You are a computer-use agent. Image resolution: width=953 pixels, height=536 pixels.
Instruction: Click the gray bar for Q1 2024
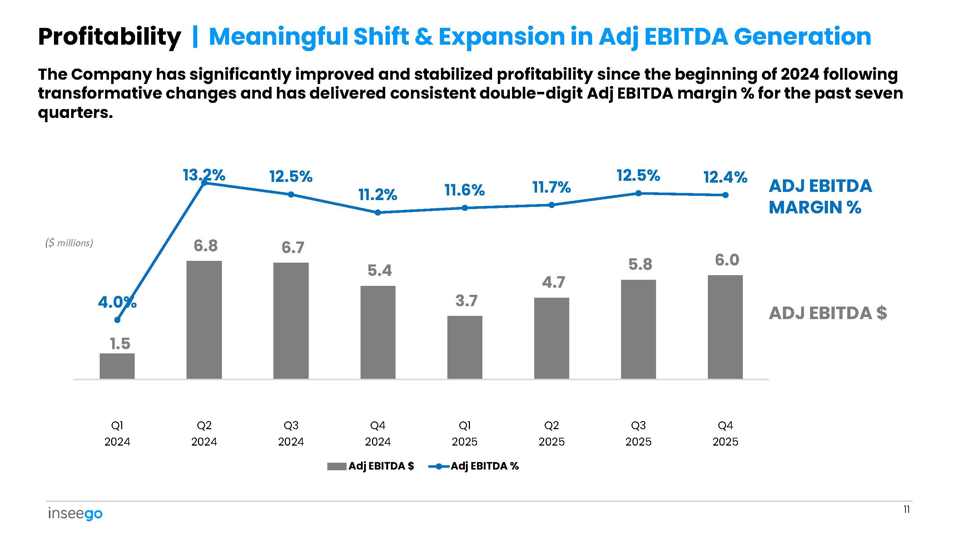pyautogui.click(x=117, y=366)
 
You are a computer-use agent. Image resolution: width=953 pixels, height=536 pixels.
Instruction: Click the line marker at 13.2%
pyautogui.click(x=204, y=182)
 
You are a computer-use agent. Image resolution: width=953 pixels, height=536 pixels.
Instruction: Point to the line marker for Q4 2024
pyautogui.click(x=378, y=213)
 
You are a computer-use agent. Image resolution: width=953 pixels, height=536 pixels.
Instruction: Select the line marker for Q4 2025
pyautogui.click(x=725, y=195)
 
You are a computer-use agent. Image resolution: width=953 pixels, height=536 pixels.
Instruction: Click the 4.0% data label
pyautogui.click(x=117, y=303)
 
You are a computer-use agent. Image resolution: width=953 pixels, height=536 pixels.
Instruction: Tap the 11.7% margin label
pyautogui.click(x=551, y=188)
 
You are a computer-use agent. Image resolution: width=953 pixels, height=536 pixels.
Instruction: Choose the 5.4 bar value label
pyautogui.click(x=379, y=271)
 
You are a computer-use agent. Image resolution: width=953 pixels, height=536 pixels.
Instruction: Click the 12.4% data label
pyautogui.click(x=725, y=177)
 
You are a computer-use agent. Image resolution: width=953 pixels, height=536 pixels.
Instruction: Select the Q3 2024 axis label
pyautogui.click(x=291, y=433)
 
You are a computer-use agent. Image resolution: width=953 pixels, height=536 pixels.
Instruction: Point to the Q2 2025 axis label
pyautogui.click(x=551, y=433)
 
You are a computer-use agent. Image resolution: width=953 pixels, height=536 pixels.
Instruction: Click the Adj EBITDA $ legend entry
pyautogui.click(x=371, y=466)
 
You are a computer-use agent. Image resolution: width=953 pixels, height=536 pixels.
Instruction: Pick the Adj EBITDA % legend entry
pyautogui.click(x=473, y=466)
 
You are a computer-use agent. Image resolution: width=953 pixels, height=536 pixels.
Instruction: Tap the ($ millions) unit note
pyautogui.click(x=69, y=243)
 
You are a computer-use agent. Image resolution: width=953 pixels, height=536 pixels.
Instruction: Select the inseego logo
pyautogui.click(x=75, y=514)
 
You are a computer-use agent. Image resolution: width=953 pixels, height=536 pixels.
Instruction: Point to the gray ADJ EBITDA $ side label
pyautogui.click(x=828, y=313)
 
